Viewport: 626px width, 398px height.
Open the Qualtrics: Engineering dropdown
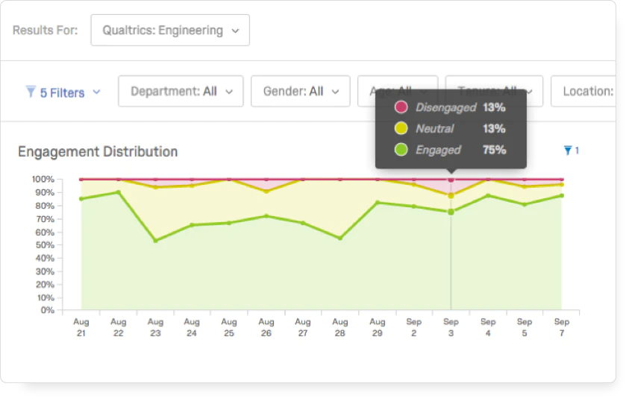tap(170, 31)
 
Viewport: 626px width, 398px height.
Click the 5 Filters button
tap(63, 92)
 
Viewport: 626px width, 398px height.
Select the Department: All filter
tap(181, 92)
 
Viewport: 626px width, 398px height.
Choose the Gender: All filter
tap(300, 92)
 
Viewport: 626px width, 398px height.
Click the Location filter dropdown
tap(588, 92)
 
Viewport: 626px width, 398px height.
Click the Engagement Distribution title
tap(98, 152)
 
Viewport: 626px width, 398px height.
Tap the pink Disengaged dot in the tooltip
tap(401, 108)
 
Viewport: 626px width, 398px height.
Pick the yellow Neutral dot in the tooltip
tap(401, 129)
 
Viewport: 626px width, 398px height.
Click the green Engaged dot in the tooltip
tap(401, 150)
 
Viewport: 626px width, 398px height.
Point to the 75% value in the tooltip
tap(494, 150)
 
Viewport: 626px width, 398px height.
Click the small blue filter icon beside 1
tap(568, 151)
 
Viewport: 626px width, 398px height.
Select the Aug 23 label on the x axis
tap(155, 327)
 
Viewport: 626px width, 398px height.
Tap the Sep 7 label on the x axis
tap(561, 327)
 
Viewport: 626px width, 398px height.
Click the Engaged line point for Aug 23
tap(155, 241)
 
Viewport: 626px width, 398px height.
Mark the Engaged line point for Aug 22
tap(119, 192)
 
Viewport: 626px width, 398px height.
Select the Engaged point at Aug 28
tap(340, 239)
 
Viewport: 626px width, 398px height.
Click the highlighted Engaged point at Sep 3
tap(451, 212)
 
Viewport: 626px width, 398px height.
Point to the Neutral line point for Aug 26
tap(266, 192)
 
